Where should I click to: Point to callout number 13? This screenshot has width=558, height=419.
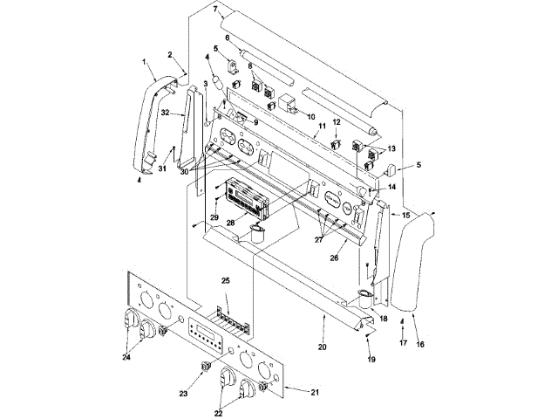pyautogui.click(x=391, y=148)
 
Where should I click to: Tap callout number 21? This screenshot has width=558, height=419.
pyautogui.click(x=315, y=392)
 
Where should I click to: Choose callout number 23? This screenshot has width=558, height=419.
pyautogui.click(x=184, y=394)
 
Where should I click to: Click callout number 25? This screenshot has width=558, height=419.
pyautogui.click(x=225, y=280)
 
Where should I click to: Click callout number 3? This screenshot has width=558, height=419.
pyautogui.click(x=206, y=83)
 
